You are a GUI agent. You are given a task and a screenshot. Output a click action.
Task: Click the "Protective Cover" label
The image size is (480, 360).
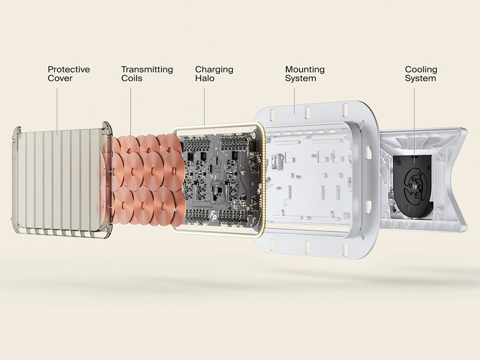pos(69,74)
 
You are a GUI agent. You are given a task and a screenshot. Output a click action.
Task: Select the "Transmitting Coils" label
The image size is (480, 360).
pos(147,74)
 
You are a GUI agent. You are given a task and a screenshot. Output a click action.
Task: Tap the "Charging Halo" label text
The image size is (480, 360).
pos(214,74)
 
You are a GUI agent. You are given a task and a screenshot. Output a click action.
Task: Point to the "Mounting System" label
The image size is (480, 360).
pos(305,74)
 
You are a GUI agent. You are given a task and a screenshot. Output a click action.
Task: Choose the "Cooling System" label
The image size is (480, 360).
pos(421,74)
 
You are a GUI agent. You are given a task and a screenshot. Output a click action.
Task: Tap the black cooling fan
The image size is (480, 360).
pos(414,183)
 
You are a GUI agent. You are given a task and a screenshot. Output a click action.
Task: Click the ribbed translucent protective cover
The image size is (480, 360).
pos(61,180)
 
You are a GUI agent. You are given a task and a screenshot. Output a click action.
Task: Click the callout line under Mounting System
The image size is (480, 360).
pos(295,101)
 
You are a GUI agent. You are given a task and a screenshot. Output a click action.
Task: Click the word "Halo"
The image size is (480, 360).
pos(205,78)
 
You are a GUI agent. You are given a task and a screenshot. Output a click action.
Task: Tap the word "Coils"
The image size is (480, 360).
pos(131,78)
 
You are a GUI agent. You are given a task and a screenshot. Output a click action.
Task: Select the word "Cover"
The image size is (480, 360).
pos(60,78)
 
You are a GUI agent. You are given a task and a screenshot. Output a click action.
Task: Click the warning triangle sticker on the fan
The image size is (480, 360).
pos(399,160)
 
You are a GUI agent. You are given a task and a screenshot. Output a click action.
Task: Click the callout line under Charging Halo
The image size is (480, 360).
pos(205,107)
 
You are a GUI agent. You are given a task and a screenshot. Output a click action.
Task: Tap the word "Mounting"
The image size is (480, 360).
pos(305,70)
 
